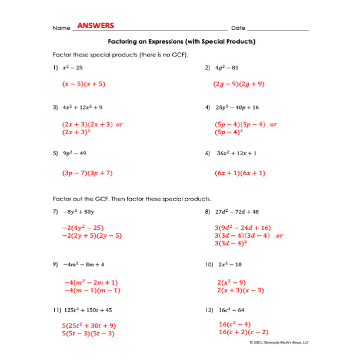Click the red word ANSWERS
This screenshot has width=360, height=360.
95,26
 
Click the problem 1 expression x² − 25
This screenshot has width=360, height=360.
73,68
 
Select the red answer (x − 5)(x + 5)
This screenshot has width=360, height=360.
84,84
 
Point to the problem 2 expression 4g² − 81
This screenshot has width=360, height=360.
226,68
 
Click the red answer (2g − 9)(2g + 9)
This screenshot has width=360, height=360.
239,84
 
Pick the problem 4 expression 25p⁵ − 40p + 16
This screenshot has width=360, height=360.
236,108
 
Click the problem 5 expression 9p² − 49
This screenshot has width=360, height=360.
74,153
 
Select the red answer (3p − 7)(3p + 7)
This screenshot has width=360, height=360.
87,174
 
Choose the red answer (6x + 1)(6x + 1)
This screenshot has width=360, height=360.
240,174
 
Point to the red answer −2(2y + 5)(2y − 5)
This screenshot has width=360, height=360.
92,235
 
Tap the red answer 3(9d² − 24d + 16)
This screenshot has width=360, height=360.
242,228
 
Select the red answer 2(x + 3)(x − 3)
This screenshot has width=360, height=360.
241,291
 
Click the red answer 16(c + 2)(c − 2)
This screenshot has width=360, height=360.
244,332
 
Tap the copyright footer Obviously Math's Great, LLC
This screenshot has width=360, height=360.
279,342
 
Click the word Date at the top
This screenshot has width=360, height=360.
238,28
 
